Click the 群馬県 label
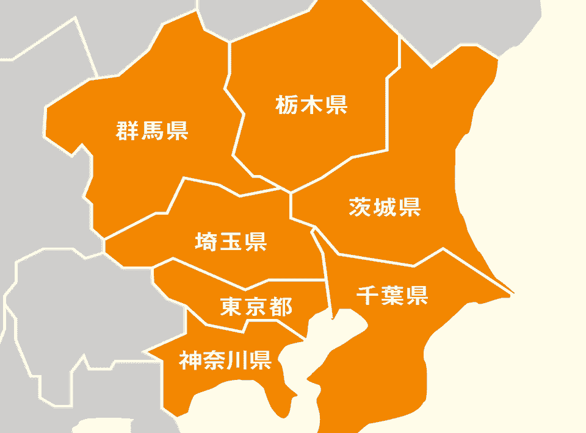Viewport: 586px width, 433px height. click(152, 131)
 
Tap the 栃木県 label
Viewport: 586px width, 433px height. click(311, 105)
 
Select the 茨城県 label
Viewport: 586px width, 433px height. click(385, 207)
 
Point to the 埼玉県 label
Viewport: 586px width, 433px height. click(231, 242)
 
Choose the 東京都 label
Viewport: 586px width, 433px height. click(256, 306)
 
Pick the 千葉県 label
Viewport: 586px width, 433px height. click(392, 295)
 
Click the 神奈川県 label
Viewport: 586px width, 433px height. click(225, 360)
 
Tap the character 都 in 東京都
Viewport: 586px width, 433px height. click(280, 306)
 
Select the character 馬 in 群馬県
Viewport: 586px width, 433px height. click(152, 131)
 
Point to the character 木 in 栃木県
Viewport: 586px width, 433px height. click(311, 105)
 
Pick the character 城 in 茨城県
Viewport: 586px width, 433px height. click(385, 207)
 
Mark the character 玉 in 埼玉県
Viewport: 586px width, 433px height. click(231, 242)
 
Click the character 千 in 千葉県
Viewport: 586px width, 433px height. click(367, 295)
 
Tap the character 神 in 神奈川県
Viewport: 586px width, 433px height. click(190, 360)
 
